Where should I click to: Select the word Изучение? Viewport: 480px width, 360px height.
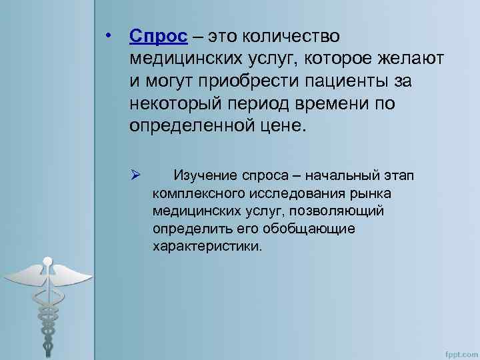click(x=205, y=176)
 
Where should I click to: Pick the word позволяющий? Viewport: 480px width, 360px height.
click(x=339, y=211)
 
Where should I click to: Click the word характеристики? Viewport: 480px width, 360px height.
click(x=207, y=245)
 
